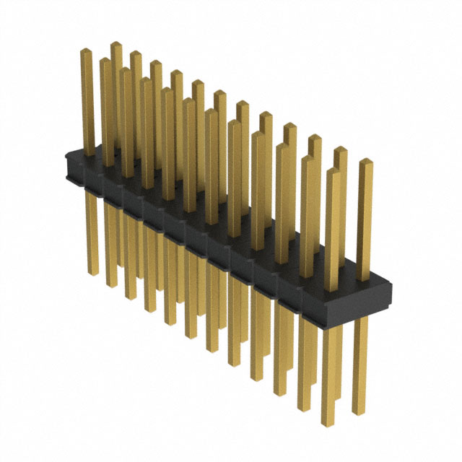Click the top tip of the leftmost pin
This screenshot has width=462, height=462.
pyautogui.click(x=86, y=51)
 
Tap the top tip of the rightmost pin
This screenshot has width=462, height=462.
pyautogui.click(x=365, y=162)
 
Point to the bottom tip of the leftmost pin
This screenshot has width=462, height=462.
pyautogui.click(x=92, y=273)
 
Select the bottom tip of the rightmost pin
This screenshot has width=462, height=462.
pyautogui.click(x=360, y=414)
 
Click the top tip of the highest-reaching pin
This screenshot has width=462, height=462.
pyautogui.click(x=115, y=45)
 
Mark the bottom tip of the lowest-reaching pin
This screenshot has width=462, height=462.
pyautogui.click(x=329, y=424)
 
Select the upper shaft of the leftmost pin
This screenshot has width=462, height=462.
pyautogui.click(x=87, y=101)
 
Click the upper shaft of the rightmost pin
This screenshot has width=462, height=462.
pyautogui.click(x=365, y=217)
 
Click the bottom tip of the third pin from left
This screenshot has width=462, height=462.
pyautogui.click(x=131, y=297)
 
